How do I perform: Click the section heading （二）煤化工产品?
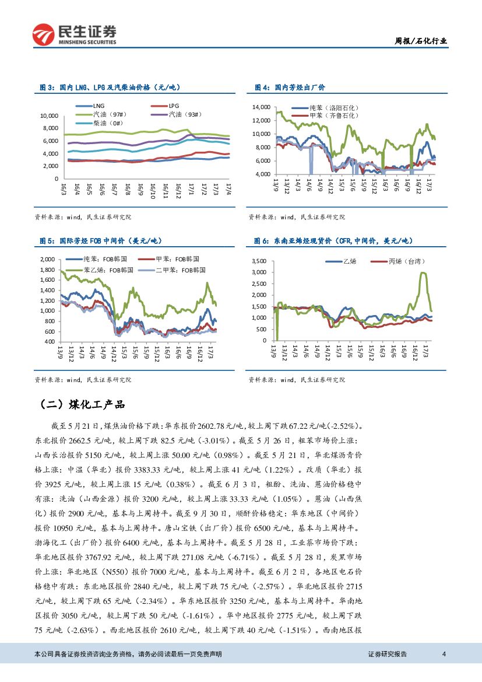point(82,404)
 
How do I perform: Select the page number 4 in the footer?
point(444,654)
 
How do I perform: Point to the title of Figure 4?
point(290,87)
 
